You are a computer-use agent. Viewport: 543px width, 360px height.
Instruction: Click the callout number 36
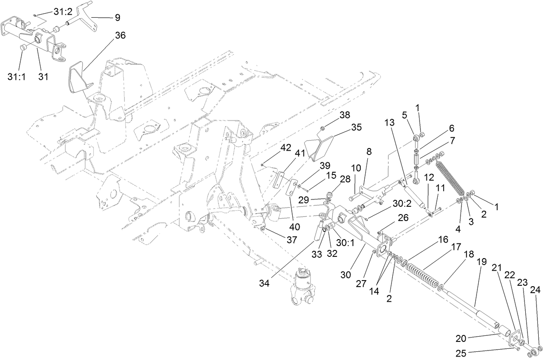pos(120,35)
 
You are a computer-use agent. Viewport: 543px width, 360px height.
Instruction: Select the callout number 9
pos(117,18)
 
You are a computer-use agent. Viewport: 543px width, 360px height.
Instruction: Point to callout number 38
pos(344,115)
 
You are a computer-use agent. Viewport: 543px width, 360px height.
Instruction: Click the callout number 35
pos(356,127)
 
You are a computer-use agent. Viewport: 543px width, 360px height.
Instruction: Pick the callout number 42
pos(285,147)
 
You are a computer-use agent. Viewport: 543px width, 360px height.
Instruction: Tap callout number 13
pos(389,123)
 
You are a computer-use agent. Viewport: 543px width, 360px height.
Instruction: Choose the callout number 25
pos(461,354)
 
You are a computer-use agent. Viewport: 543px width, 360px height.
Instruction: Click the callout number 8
pos(369,152)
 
